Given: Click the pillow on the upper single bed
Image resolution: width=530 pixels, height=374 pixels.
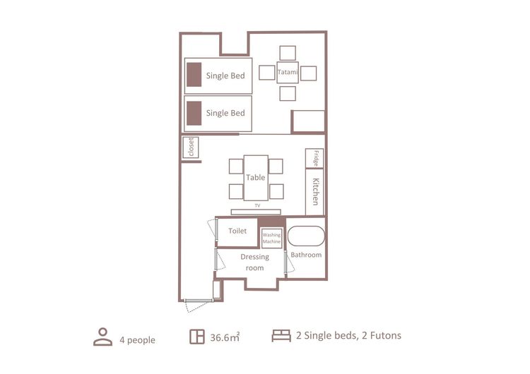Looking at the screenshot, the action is pos(194,75).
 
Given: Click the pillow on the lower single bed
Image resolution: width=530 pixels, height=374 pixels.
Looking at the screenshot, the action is pos(194,113).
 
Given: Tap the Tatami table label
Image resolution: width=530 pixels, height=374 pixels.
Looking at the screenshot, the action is pos(288,72).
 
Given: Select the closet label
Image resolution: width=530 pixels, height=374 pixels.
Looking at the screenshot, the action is pos(191,147).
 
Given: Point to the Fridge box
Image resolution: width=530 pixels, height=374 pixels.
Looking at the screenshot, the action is pos(314,158).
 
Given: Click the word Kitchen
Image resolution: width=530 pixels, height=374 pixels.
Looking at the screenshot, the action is pos(315,191).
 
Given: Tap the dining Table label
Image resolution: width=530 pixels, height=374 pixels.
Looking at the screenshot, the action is pos(256,177).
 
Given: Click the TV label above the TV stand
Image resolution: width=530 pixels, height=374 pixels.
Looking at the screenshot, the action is pos(257,205).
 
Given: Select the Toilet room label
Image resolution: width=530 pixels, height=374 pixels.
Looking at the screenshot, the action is pos(237,231).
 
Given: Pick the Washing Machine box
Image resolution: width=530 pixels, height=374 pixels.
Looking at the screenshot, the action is pos(272,239).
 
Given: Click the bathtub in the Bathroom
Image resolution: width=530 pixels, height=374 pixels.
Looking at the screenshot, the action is pos(306,236).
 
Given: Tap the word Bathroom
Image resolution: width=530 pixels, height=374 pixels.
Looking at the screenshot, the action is pos(306,255).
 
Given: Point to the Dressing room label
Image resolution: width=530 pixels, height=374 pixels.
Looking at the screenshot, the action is pos(255,263).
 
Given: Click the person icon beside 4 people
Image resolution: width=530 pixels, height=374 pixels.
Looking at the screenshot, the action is pos(102,337).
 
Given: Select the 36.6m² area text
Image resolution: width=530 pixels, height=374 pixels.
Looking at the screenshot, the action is pos(225,337).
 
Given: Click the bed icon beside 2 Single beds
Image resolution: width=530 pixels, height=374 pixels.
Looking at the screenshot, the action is pos(281,336).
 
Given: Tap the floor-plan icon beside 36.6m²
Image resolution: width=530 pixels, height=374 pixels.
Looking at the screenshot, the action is pos(197,337).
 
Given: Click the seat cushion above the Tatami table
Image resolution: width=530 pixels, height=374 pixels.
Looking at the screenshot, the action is pos(288,53).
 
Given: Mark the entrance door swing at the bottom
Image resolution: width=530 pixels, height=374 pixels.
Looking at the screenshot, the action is pos(198,306).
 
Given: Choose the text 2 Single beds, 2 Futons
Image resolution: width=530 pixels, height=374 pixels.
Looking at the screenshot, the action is pos(348,335).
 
